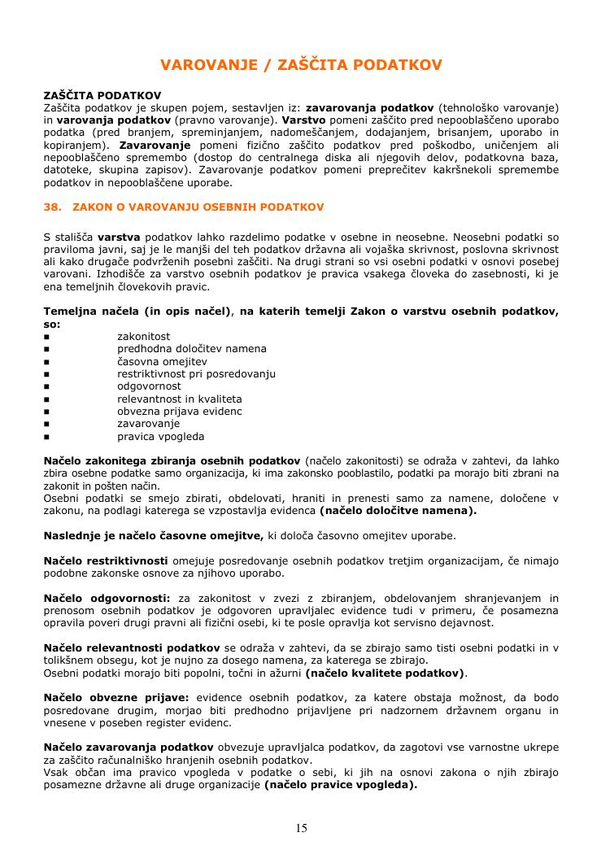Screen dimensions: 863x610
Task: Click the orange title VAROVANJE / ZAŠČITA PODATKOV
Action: [301, 64]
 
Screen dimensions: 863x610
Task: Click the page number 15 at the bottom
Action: [302, 828]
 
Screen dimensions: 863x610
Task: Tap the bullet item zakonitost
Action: [143, 337]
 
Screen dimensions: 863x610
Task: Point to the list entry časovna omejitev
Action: [162, 361]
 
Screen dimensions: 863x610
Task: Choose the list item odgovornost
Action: [149, 386]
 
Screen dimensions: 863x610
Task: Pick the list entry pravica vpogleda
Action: [160, 436]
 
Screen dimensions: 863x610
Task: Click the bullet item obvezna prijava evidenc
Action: [180, 411]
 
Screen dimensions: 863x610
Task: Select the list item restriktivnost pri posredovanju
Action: [196, 374]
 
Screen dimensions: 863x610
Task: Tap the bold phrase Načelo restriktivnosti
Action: [106, 560]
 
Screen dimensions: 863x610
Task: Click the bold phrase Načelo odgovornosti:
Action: [107, 598]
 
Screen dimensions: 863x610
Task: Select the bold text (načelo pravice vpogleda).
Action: [341, 785]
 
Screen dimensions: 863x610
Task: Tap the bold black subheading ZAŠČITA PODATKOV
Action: [102, 95]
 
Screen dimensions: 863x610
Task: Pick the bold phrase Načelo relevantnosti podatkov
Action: [132, 647]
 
